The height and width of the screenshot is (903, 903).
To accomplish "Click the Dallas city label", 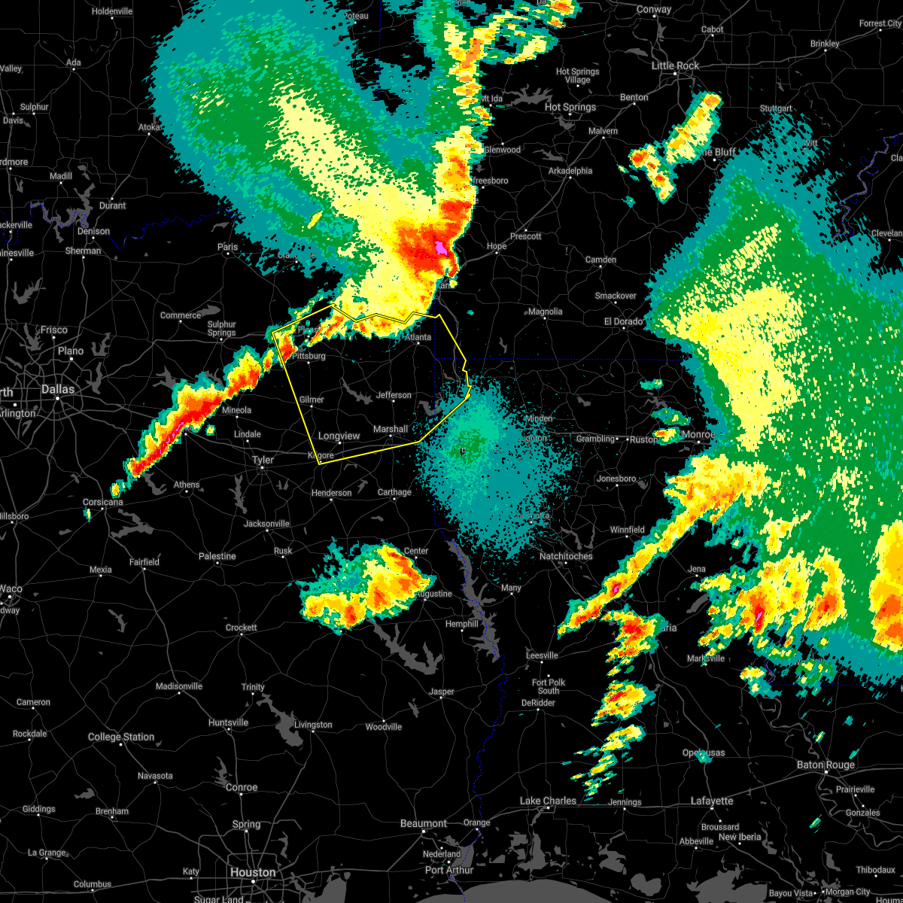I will coord(58,389).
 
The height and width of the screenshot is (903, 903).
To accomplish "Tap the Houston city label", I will coord(253,872).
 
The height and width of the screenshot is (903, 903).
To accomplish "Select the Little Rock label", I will coord(675,65).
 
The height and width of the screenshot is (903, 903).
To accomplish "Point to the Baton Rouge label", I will coord(825,765).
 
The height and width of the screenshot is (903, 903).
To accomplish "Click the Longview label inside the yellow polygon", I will coord(339,436).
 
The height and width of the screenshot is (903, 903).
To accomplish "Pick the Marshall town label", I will coord(391,429).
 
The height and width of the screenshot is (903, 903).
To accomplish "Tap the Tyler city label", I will coord(263,460).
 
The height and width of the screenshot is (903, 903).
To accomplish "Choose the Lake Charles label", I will coord(547,801).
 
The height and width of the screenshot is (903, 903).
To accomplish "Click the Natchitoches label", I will coord(566,556).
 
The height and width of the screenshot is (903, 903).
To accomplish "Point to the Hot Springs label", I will coord(570,107).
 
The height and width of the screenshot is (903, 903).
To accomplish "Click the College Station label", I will coord(120,737).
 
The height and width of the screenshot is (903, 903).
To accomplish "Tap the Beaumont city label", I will coord(424,823).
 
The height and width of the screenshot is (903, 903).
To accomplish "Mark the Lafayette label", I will coord(712,801).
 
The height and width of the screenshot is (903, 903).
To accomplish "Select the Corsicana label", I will coord(102,502).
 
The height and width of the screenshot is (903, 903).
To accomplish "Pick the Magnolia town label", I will coord(545,312).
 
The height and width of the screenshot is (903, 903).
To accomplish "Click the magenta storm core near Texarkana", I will coord(440,247).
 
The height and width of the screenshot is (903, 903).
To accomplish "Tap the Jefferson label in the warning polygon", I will coord(394,395).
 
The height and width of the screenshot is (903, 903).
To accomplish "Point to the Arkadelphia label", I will coord(570,171).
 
